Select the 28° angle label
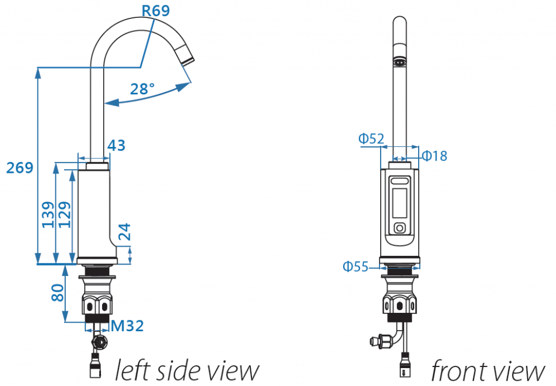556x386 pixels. (142, 88)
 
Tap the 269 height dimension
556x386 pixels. (20, 168)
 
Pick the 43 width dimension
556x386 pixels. (116, 145)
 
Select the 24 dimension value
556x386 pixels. (124, 232)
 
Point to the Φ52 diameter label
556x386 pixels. (371, 139)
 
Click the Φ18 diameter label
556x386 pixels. (434, 156)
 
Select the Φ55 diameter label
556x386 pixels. (355, 266)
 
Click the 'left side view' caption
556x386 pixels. (186, 371)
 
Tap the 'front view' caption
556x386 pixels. (487, 371)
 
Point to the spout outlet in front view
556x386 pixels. (400, 62)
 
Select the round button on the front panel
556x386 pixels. (400, 228)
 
